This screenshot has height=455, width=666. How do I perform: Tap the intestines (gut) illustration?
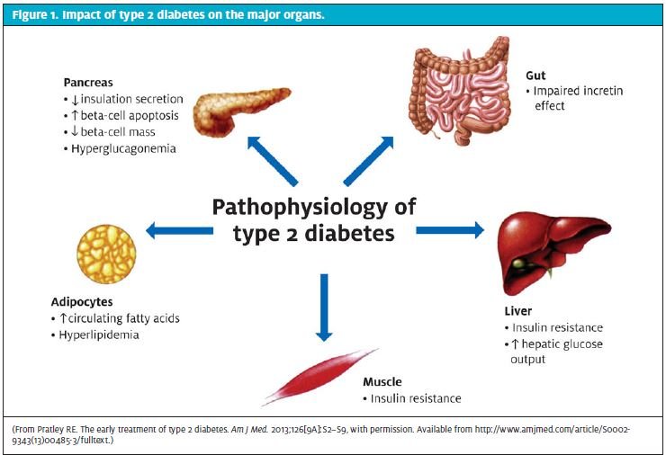[x=459, y=91]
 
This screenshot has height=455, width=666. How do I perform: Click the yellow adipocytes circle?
[x=106, y=254]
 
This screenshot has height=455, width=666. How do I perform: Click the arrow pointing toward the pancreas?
[x=273, y=161]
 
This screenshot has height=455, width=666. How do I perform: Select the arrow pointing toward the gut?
[x=368, y=161]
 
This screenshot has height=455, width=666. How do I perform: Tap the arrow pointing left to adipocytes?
[x=179, y=230]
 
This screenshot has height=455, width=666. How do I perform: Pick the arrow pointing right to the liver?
[x=450, y=230]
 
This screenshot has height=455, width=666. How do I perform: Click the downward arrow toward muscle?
[x=324, y=308]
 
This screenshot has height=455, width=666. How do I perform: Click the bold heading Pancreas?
[x=88, y=83]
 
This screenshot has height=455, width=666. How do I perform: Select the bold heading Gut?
[x=535, y=76]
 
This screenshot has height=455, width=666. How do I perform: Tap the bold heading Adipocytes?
[x=82, y=302]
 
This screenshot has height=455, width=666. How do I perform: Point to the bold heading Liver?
[x=517, y=311]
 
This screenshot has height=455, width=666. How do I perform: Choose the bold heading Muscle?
[x=382, y=382]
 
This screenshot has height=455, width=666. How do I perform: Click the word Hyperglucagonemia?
[x=123, y=149]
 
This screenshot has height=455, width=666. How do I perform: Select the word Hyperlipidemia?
[x=99, y=335]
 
